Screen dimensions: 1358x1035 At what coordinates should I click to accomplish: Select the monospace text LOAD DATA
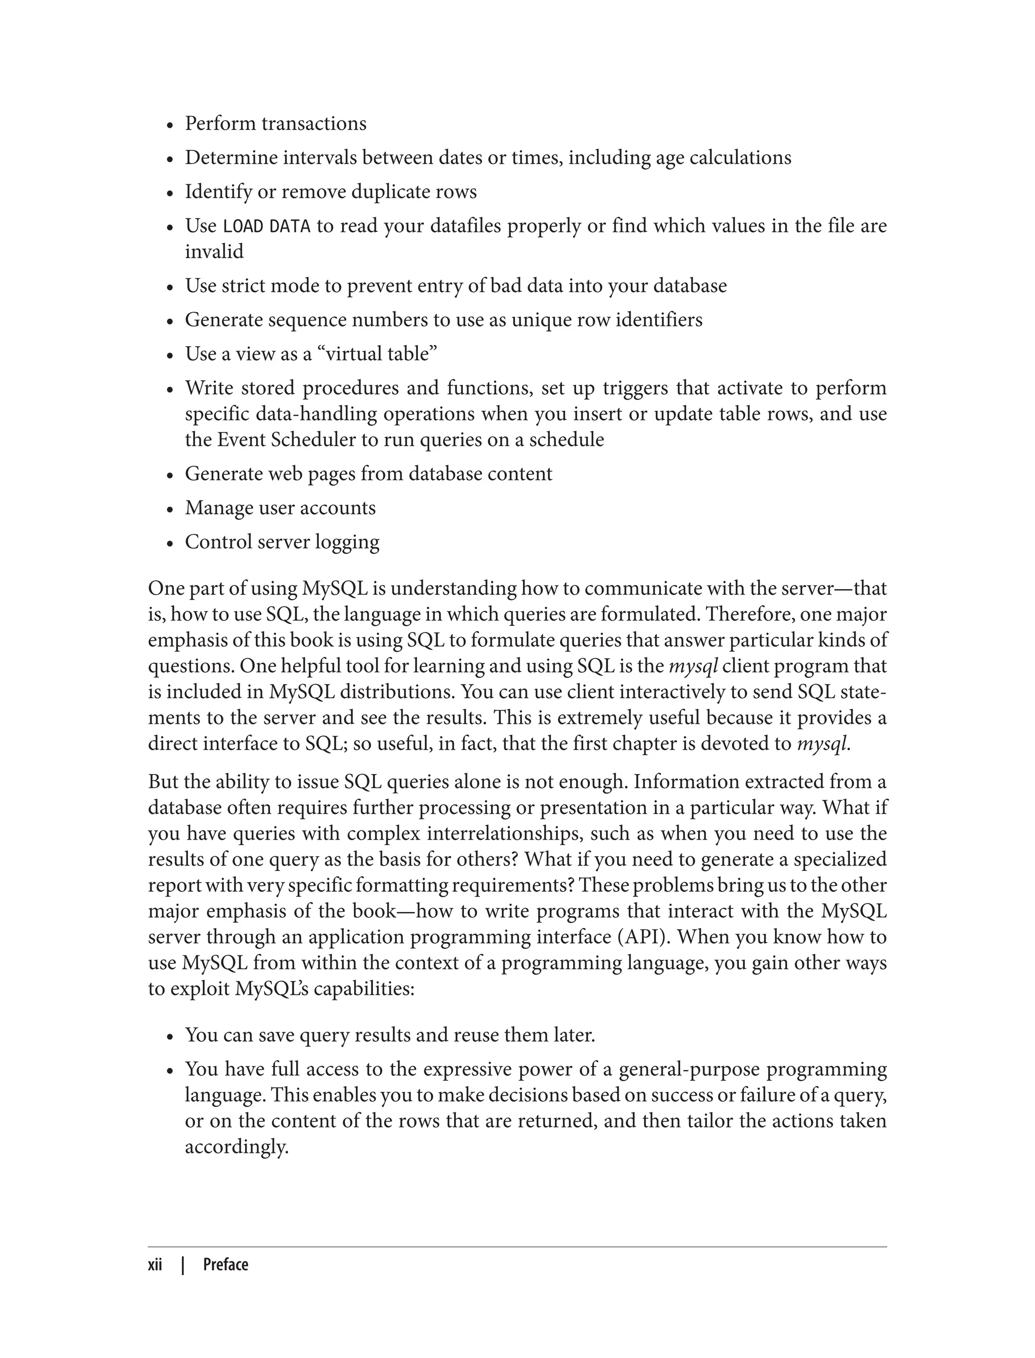click(266, 227)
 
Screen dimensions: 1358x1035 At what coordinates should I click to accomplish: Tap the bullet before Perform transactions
click(170, 125)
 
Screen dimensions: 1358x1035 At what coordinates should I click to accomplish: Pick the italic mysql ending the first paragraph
click(822, 744)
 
